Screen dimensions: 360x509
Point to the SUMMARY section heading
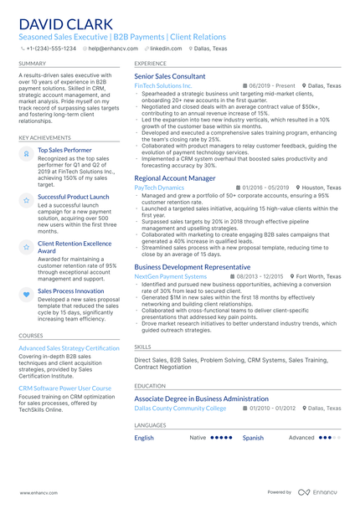(33, 63)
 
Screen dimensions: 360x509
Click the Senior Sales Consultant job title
(169, 76)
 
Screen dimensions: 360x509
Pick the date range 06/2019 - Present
(271, 85)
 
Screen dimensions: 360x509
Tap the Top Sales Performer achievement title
(64, 150)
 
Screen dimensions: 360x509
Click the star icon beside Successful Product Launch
(26, 199)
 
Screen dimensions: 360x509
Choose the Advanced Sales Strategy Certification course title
(69, 347)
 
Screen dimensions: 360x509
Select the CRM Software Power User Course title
(64, 388)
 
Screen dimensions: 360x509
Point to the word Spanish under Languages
(253, 438)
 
